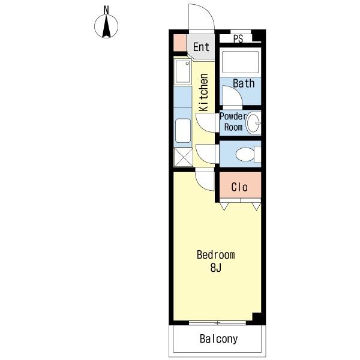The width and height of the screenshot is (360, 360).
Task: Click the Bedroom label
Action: pos(216,255)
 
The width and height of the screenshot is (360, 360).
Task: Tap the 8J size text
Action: pos(216,268)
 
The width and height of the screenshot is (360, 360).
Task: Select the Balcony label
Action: pos(218,339)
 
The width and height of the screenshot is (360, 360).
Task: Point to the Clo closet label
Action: pos(239,187)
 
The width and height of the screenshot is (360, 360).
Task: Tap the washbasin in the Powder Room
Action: pos(253,122)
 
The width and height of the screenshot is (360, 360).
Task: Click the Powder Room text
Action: pos(233,122)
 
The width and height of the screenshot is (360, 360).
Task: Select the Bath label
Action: pos(244,83)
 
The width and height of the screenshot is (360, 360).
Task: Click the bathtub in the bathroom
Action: pos(240,62)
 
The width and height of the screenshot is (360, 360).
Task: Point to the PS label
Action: pos(238,39)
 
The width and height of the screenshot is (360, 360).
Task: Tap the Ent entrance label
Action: pos(201,47)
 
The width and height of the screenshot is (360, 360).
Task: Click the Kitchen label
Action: pos(203,92)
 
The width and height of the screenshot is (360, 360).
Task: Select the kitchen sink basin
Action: pos(182,71)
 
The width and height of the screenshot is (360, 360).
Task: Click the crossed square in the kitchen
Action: pos(183,157)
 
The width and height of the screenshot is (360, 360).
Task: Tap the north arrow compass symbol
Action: pos(106,26)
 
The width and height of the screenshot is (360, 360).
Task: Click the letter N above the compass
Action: pos(106,10)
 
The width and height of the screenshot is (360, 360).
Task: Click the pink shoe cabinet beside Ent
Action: pos(179,43)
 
